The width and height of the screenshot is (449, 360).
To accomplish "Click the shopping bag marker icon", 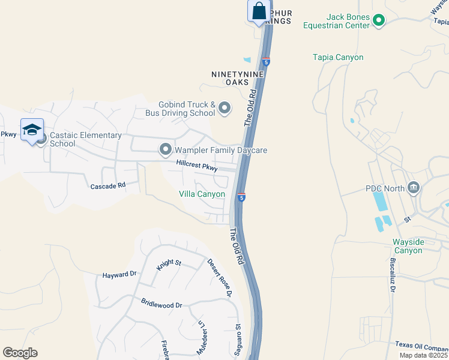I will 259,11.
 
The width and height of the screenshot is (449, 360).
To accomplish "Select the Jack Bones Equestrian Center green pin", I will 378,21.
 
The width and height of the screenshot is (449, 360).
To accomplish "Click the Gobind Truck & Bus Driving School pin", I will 224,108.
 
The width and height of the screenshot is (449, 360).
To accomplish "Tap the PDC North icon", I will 413,188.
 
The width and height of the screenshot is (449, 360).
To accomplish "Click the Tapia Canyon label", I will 338,58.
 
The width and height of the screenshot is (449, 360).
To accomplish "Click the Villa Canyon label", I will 202,194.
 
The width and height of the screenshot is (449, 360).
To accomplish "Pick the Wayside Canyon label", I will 416,246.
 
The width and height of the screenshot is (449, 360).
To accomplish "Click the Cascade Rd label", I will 107,186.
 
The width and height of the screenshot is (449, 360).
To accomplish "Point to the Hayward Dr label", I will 119,274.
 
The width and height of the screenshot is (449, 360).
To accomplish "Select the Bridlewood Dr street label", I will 161,304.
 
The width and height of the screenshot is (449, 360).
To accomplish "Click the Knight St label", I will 169,263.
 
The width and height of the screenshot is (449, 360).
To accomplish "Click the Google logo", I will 20,353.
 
